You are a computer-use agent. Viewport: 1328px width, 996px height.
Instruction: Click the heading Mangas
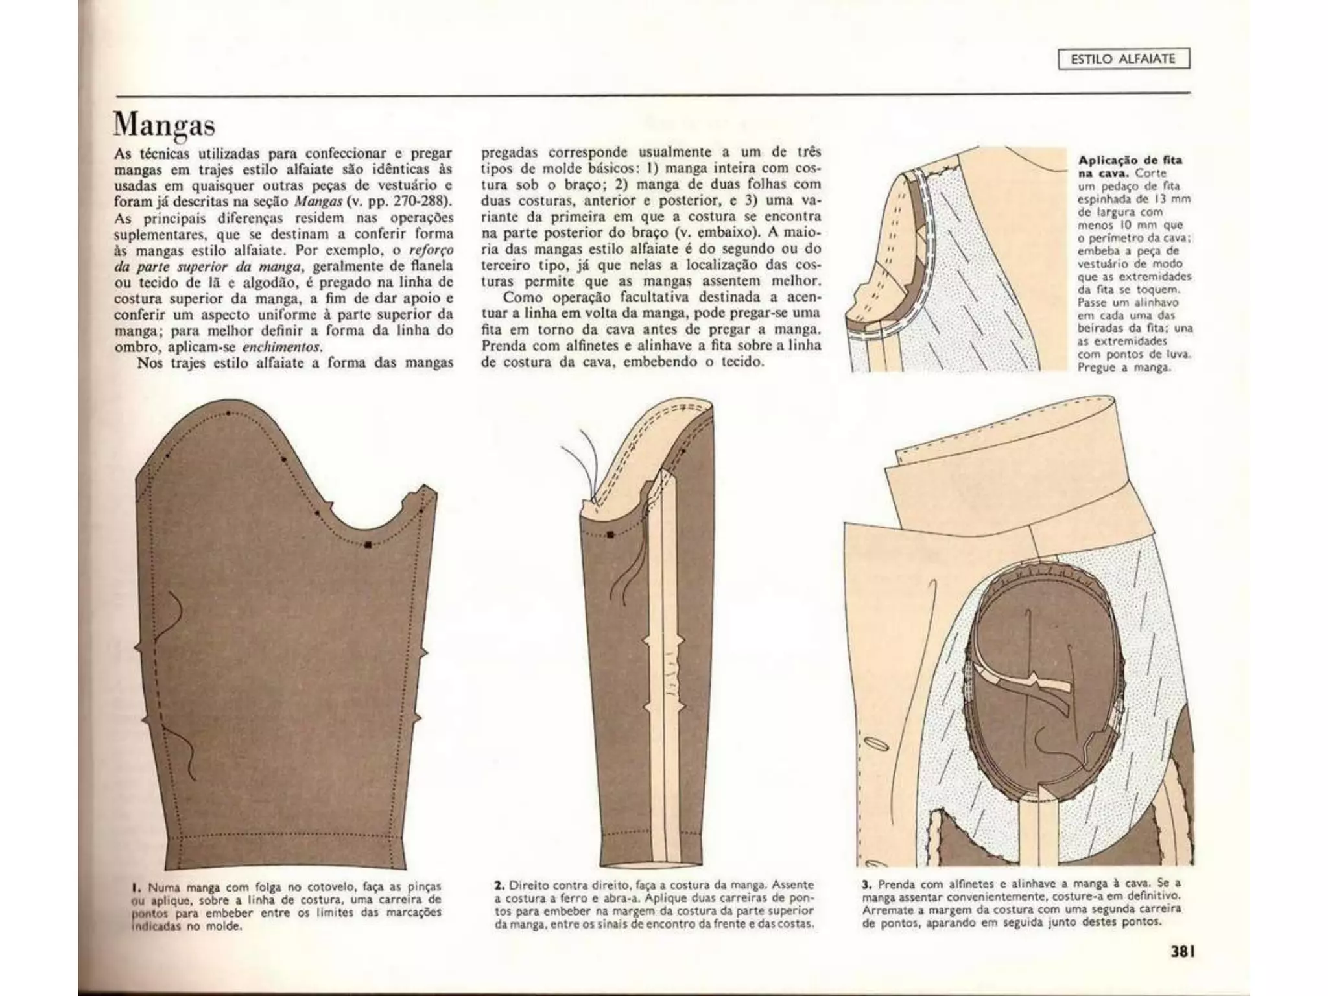[163, 124]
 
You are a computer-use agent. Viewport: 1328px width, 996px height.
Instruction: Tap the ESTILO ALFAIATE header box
[1123, 59]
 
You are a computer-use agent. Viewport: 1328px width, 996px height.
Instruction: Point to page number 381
[1182, 952]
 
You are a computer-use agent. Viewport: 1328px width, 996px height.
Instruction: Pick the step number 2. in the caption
[499, 884]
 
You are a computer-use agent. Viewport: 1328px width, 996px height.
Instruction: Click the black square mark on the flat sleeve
[368, 545]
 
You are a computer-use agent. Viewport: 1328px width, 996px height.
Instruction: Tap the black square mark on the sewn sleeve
[610, 535]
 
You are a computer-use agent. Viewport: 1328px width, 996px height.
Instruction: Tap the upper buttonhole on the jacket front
[875, 743]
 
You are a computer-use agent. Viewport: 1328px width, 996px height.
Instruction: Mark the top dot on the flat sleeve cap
[228, 413]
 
